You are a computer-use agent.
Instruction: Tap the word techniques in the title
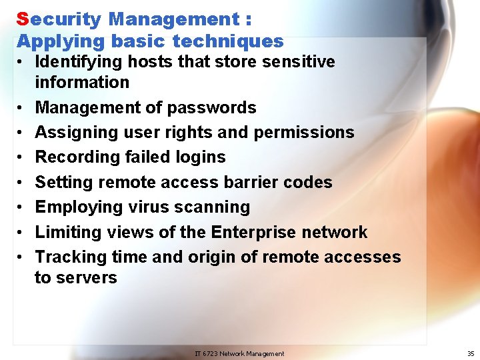(228, 41)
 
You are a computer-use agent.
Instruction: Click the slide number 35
(471, 354)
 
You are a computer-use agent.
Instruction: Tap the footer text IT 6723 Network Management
(239, 354)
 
